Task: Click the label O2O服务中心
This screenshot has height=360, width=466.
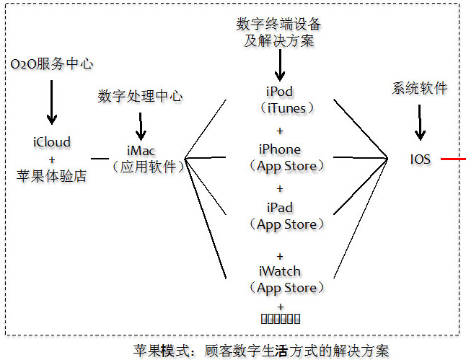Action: (51, 63)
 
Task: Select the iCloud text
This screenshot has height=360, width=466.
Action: (51, 142)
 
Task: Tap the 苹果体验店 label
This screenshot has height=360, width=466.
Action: (51, 175)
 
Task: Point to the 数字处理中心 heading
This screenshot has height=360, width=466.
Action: (140, 97)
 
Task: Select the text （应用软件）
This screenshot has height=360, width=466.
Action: (147, 166)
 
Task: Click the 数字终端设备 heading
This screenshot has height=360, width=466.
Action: (279, 25)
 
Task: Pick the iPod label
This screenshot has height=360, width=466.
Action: (279, 92)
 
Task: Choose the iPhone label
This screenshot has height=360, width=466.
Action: (280, 149)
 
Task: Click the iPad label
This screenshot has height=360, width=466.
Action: (279, 207)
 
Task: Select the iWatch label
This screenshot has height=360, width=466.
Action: (279, 271)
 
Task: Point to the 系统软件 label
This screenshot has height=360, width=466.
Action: (419, 88)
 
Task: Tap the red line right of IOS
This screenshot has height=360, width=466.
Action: (453, 158)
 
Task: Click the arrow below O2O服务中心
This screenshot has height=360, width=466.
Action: (51, 101)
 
